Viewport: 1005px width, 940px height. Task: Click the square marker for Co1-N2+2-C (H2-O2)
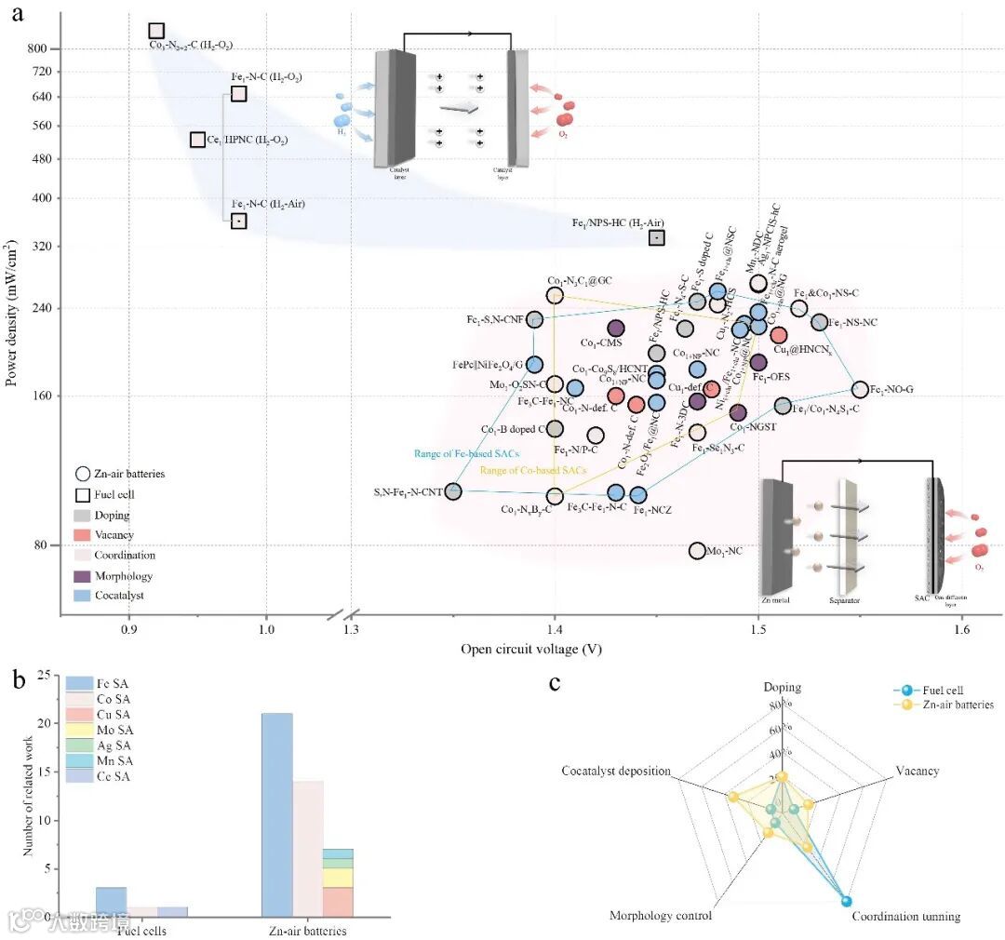(x=156, y=32)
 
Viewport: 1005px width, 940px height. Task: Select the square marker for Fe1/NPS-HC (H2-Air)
(x=656, y=237)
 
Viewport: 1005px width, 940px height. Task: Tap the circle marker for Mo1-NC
(x=697, y=551)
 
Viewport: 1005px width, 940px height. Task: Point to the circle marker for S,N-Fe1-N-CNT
(x=453, y=490)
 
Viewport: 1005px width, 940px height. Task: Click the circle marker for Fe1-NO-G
(x=860, y=389)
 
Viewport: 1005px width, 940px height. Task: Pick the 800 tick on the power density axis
(x=47, y=48)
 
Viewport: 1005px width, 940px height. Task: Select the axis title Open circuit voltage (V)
(x=530, y=650)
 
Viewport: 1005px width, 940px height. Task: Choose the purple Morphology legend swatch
(x=82, y=576)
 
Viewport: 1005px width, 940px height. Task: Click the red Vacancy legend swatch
(x=82, y=535)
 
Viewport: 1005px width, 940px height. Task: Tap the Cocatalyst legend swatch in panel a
(x=82, y=596)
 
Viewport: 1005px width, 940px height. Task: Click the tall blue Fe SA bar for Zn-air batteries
(x=276, y=815)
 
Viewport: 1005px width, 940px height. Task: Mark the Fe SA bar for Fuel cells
(x=111, y=902)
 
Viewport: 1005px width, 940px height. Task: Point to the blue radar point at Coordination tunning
(x=846, y=900)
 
